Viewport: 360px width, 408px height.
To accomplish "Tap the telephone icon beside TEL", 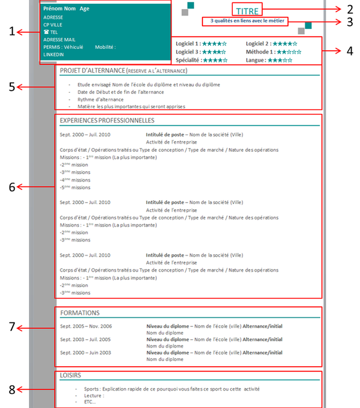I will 46,31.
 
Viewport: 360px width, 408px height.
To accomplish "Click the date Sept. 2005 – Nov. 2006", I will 85,326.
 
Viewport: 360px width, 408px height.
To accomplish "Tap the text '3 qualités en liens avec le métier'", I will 248,21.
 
